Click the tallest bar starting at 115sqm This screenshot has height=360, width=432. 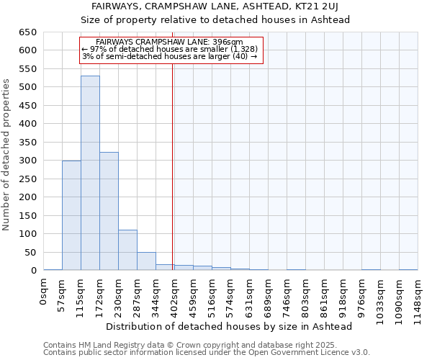[90, 173]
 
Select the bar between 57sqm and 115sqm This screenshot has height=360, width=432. [71, 215]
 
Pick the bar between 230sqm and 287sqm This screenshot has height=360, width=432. [127, 250]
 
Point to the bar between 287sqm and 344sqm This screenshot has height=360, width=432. [146, 261]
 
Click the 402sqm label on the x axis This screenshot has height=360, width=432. [174, 294]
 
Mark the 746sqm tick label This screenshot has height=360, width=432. [287, 294]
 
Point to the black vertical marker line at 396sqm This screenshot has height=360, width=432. [173, 166]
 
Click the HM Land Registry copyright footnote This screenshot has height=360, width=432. [205, 346]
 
